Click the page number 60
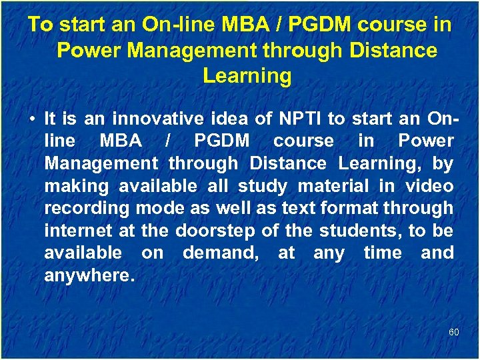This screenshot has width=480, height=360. [x=453, y=331]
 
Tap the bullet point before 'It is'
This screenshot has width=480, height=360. [x=32, y=120]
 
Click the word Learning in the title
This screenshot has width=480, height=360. [x=247, y=76]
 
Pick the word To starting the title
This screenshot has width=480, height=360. [x=41, y=25]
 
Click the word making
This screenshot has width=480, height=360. [x=74, y=186]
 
